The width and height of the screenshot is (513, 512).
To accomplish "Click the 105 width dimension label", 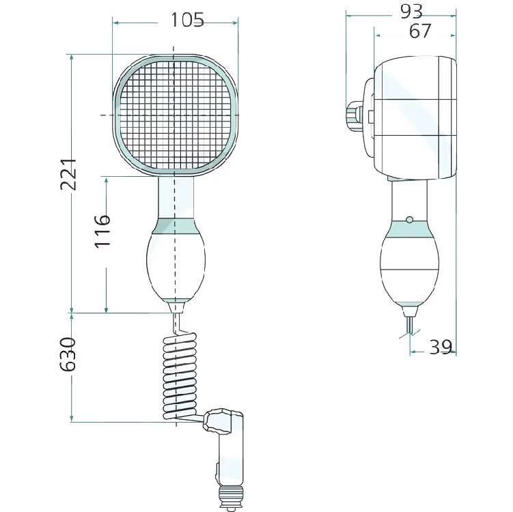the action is coord(187,20).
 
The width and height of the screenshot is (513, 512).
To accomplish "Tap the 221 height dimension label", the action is coord(68,174).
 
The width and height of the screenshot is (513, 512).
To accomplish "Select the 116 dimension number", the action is coord(102,231).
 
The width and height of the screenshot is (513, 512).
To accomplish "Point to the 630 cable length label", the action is coord(68,354).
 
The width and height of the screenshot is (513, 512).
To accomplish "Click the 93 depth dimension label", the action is coord(411,12).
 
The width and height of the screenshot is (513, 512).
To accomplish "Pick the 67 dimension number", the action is coord(420,31).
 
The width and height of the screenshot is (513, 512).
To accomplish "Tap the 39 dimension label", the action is coord(441,347).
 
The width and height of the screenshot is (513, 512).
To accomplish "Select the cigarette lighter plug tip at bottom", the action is coord(231,499).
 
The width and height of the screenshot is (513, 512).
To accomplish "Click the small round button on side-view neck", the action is coord(409,220).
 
